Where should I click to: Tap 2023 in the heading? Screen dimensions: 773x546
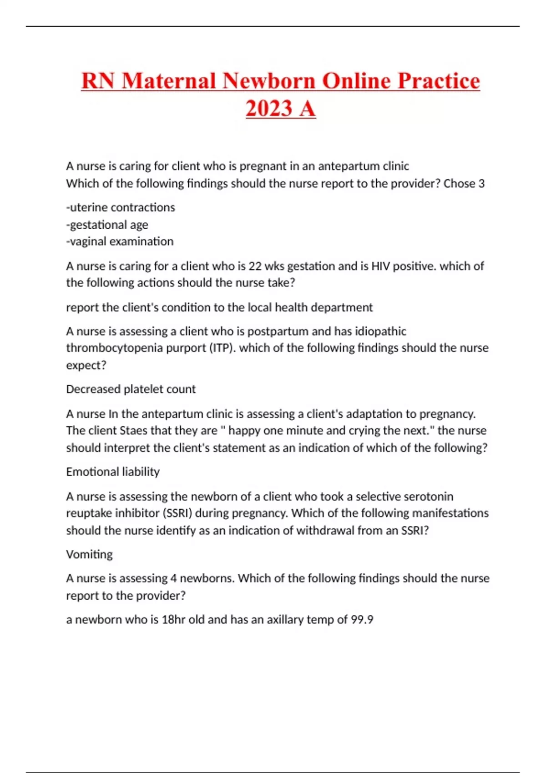268,109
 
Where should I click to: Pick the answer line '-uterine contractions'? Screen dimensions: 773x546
121,207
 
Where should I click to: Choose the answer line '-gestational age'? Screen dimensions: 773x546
107,225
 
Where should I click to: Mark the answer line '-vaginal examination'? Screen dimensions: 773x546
120,241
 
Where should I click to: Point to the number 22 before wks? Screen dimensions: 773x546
255,266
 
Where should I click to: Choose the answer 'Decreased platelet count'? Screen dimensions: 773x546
131,389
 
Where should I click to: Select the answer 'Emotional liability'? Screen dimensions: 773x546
113,472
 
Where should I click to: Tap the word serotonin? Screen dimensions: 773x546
428,496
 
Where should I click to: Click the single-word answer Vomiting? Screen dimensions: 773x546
89,554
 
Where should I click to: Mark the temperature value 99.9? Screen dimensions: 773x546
362,620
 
